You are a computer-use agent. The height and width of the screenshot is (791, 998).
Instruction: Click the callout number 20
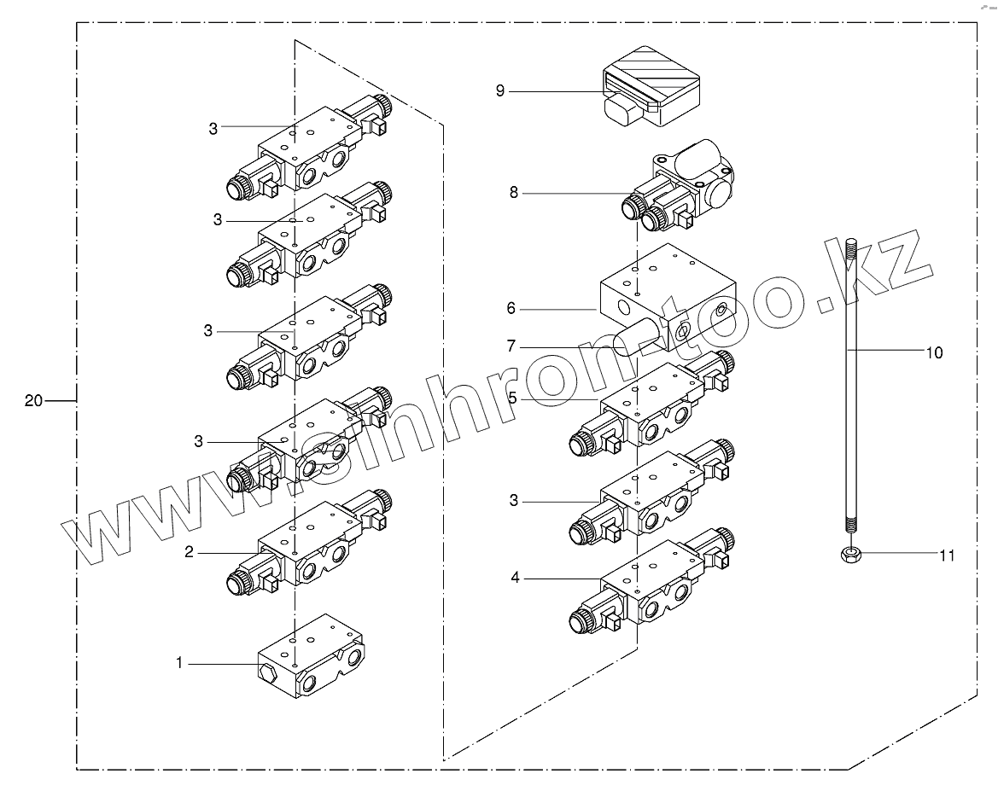(x=33, y=401)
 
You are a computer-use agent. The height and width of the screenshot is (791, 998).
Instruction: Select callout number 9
(x=500, y=90)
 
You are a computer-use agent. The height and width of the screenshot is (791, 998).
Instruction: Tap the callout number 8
(x=514, y=194)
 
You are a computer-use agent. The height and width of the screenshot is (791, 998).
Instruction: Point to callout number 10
(x=935, y=352)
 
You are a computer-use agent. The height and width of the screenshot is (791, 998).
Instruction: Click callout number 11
(x=946, y=555)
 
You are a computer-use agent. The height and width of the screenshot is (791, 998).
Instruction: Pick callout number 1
(x=179, y=662)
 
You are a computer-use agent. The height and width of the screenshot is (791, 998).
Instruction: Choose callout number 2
(x=190, y=552)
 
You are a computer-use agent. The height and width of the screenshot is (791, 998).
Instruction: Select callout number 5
(x=512, y=398)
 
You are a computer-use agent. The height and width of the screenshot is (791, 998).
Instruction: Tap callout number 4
(x=515, y=578)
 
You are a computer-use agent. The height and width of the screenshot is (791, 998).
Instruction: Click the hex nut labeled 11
(x=849, y=554)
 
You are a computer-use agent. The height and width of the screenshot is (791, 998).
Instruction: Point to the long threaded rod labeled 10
(x=851, y=384)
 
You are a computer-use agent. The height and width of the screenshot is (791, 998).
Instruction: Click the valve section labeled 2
(x=307, y=546)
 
